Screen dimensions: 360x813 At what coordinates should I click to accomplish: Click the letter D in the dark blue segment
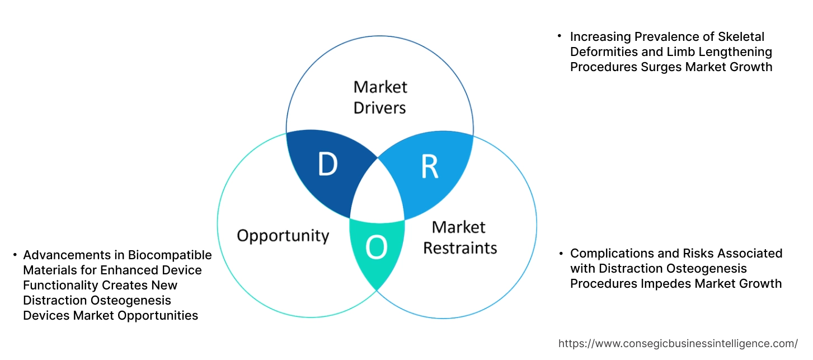click(x=328, y=164)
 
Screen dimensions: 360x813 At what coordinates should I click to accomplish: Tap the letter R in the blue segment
click(x=429, y=166)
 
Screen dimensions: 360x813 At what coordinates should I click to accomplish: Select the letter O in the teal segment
click(x=376, y=249)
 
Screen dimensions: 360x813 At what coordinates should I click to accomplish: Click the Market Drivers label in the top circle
click(x=380, y=97)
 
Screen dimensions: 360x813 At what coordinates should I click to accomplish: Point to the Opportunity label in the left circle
click(x=283, y=235)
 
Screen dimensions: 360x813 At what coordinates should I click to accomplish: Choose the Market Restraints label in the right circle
click(x=459, y=237)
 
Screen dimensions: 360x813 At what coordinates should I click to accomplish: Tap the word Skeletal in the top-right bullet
click(x=740, y=37)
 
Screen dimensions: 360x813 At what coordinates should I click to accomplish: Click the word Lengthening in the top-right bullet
click(x=736, y=52)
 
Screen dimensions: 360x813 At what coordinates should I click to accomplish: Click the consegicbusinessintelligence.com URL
click(x=678, y=343)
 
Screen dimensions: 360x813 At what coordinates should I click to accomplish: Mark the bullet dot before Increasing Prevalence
click(x=559, y=36)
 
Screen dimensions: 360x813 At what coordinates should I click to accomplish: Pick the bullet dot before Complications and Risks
click(x=561, y=254)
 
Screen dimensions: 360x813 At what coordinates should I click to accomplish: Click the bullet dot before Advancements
click(x=15, y=255)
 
